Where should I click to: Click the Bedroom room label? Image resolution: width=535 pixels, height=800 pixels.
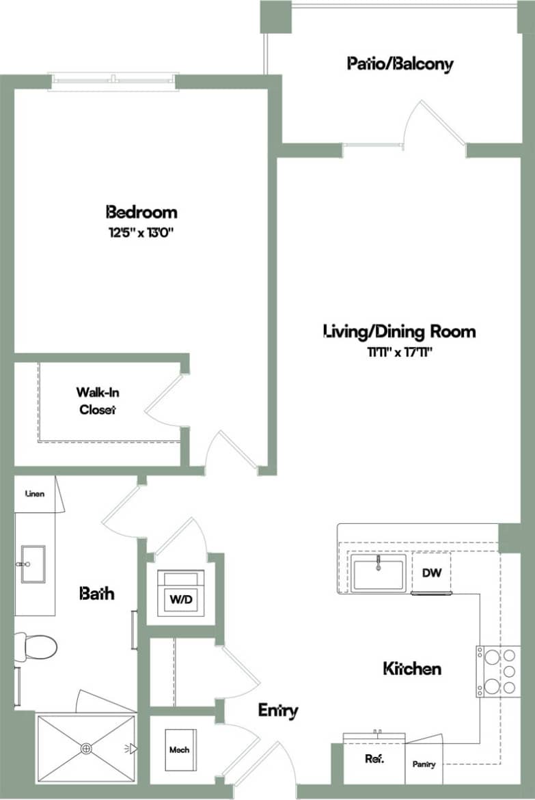(x=141, y=211)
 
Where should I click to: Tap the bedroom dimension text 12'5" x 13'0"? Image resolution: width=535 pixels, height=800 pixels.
(x=141, y=232)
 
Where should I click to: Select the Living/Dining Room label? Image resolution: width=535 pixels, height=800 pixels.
(x=399, y=332)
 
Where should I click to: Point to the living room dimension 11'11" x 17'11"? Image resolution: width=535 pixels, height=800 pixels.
(x=399, y=353)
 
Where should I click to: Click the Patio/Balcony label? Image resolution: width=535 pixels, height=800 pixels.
(x=400, y=64)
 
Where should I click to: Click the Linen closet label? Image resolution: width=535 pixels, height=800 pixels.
(x=35, y=493)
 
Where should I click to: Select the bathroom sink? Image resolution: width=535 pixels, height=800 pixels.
(x=32, y=564)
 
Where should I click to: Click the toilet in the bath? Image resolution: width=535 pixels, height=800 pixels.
(x=35, y=647)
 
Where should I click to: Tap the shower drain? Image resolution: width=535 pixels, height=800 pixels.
(x=86, y=748)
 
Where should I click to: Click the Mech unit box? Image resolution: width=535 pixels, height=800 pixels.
(x=180, y=750)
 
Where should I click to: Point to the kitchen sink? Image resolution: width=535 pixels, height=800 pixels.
(x=379, y=573)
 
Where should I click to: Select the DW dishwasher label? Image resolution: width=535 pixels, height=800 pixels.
(x=431, y=573)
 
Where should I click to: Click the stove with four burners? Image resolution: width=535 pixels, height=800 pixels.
(x=498, y=672)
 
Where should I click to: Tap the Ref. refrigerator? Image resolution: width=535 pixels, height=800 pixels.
(x=374, y=758)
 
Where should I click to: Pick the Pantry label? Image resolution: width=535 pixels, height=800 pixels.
(x=424, y=764)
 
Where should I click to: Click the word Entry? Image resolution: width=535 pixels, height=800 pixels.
(x=278, y=711)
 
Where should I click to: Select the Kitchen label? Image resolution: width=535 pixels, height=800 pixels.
(x=412, y=668)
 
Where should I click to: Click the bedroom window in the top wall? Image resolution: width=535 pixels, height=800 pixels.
(x=113, y=81)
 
